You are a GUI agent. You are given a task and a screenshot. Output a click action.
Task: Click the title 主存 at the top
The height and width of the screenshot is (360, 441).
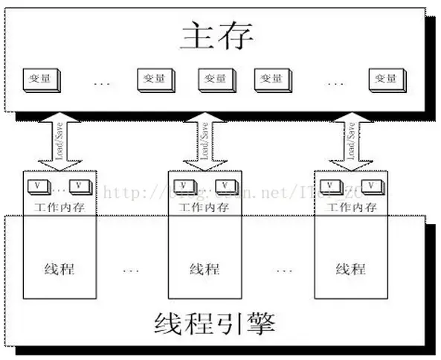pyautogui.click(x=216, y=36)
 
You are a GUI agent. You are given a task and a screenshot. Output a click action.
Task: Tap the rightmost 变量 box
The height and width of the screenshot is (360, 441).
pyautogui.click(x=384, y=78)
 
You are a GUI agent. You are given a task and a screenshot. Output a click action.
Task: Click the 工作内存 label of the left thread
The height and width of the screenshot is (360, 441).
pyautogui.click(x=59, y=206)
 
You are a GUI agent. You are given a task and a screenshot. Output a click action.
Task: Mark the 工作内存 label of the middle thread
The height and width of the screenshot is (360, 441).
pyautogui.click(x=205, y=206)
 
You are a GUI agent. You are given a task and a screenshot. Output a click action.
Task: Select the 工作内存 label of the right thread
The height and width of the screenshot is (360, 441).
pyautogui.click(x=350, y=206)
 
